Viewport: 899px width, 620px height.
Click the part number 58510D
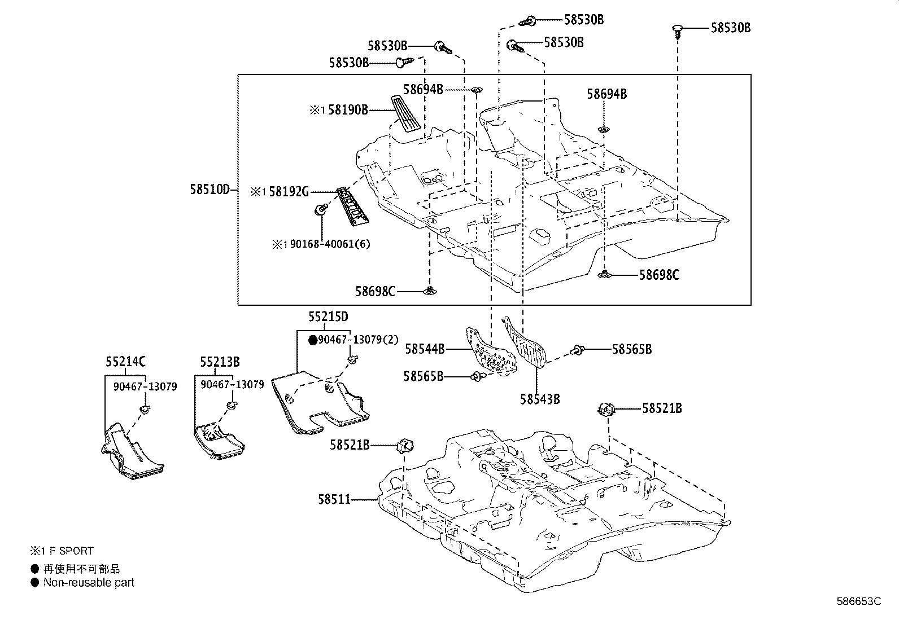tap(210, 190)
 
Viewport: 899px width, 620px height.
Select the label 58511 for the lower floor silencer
tap(334, 499)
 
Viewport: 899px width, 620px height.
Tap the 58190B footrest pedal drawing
tap(405, 115)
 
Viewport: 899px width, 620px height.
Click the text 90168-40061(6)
tap(330, 244)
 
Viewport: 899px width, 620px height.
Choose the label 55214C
tap(125, 362)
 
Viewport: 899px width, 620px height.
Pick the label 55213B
tap(219, 362)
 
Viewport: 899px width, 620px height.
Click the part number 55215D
tap(328, 316)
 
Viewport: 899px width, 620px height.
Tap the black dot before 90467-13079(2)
tap(312, 340)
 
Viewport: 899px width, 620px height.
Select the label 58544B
tap(425, 349)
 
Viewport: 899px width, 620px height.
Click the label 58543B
tap(540, 399)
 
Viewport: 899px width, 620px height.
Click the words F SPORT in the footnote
tap(71, 551)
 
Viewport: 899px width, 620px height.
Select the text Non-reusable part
tap(89, 582)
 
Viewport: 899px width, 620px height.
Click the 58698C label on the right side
tap(659, 275)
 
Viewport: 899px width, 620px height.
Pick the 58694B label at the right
tap(606, 94)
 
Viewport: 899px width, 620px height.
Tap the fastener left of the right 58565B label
tap(577, 350)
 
